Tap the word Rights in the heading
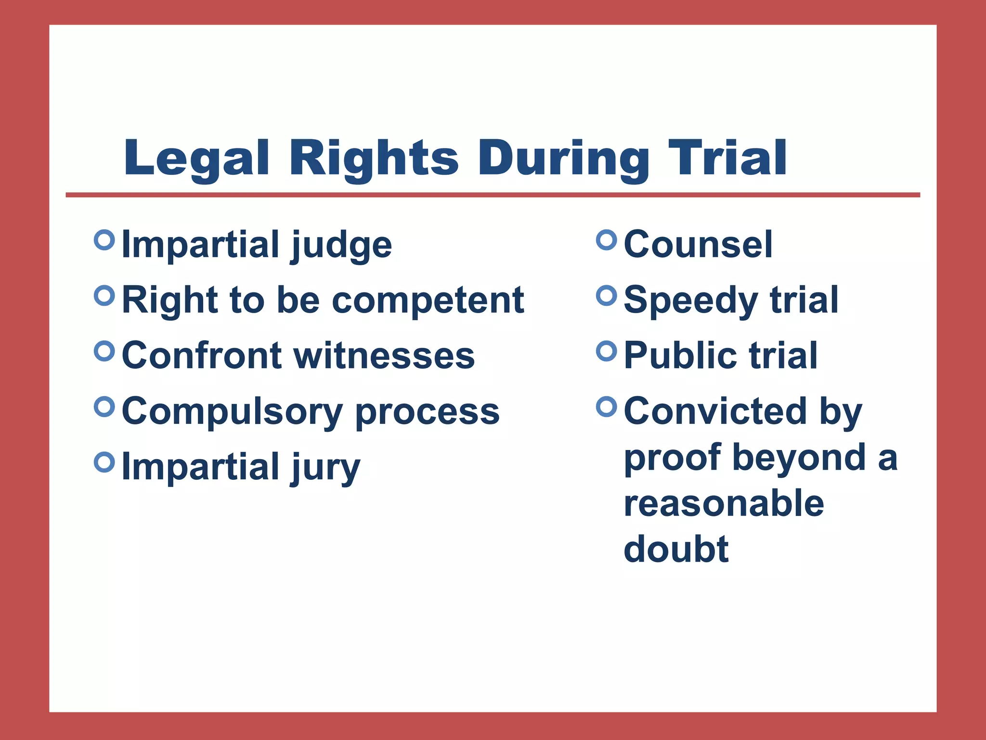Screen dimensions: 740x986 [373, 159]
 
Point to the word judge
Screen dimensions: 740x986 [341, 246]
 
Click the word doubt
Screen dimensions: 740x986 [676, 549]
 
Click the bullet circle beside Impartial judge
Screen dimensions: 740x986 [104, 239]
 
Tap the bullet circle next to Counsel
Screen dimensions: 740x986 [607, 240]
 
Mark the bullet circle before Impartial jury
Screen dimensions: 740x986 [104, 462]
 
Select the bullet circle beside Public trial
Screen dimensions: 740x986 [607, 351]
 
